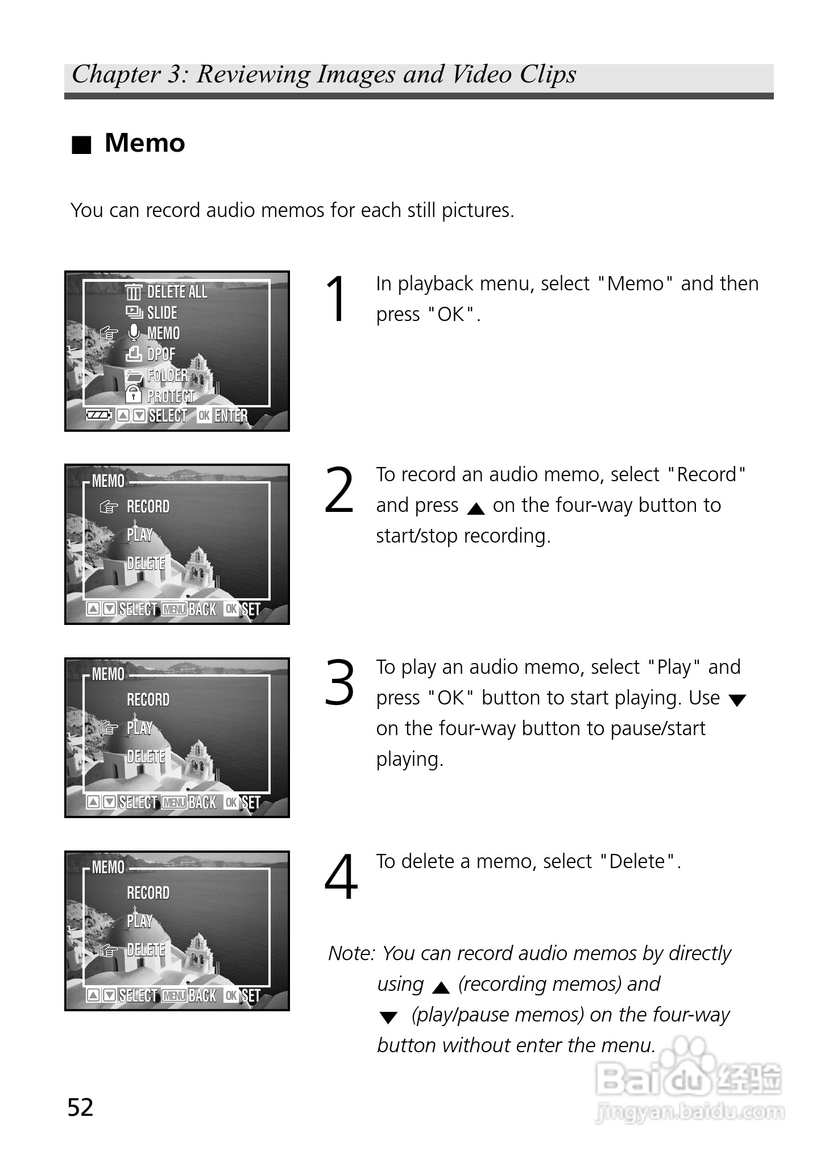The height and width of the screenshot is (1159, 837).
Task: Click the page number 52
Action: coord(80,1107)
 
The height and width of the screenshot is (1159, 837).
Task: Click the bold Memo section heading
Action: coord(144,143)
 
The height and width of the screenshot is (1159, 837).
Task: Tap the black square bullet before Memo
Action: coord(81,145)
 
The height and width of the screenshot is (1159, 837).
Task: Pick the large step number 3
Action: coord(339,683)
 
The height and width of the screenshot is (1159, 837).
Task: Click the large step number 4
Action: coord(341,877)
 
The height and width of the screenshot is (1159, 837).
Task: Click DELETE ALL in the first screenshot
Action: coord(177,292)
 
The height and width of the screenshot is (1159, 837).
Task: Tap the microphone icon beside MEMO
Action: coord(134,333)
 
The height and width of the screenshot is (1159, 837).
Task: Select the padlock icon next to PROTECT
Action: coord(133,394)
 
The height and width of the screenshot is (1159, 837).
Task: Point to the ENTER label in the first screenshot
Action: coord(231,416)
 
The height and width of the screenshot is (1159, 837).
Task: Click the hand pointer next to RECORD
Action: coord(109,506)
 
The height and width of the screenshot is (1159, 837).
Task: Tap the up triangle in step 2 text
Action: coord(475,508)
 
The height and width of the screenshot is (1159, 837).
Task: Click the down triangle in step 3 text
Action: coord(737,701)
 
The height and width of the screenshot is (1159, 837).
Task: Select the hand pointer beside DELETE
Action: coord(109,950)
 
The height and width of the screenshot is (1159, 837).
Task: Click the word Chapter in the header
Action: coord(117,74)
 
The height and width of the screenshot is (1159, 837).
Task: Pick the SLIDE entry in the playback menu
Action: coord(162,312)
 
